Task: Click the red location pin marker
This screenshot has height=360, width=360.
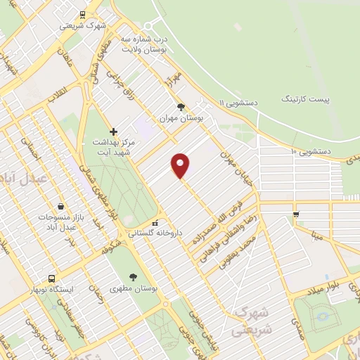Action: click(181, 166)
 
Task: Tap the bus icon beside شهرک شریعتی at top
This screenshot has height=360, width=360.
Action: click(83, 14)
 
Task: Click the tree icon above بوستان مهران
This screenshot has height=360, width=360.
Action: click(181, 108)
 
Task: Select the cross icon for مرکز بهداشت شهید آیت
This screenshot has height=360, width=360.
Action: click(113, 131)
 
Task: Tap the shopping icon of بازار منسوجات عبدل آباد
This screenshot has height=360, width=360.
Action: click(61, 207)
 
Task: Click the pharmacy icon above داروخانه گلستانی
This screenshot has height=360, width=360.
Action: click(155, 224)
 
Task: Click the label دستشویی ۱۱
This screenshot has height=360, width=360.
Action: click(240, 103)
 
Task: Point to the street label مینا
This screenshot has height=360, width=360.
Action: click(319, 237)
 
